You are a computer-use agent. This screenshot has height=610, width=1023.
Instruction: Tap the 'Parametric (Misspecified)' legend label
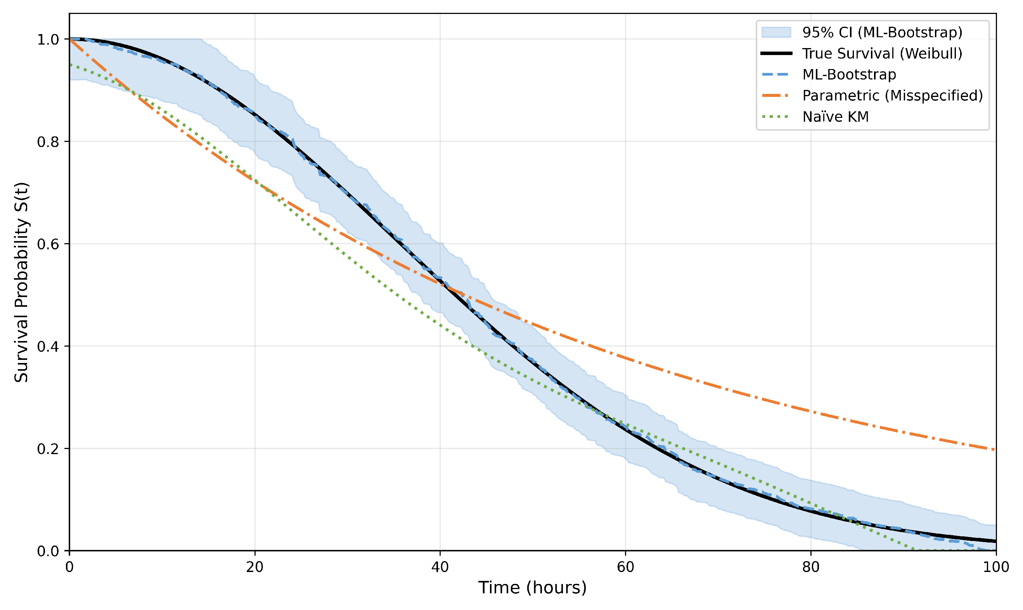[x=893, y=96]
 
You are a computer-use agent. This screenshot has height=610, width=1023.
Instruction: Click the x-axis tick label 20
[x=254, y=567]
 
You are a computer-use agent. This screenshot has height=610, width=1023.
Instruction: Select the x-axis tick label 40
[x=440, y=567]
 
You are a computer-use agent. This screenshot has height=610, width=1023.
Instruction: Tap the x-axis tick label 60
[x=625, y=567]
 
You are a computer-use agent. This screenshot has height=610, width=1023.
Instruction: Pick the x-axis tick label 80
[x=811, y=567]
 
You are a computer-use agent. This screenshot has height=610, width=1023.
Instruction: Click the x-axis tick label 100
[x=996, y=567]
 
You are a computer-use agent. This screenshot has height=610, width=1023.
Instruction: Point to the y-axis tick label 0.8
[x=48, y=142]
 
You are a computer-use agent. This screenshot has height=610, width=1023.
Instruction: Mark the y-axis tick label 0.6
[x=48, y=244]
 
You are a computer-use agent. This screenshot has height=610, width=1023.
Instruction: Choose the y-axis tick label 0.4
[x=48, y=347]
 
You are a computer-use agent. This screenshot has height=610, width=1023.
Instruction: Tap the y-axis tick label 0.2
[x=48, y=449]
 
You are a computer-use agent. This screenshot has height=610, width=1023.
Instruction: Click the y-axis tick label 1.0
[x=48, y=40]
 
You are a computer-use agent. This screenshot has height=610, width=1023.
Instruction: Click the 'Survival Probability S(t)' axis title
[x=21, y=282]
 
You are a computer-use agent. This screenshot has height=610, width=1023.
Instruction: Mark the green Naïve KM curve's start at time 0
[x=70, y=64]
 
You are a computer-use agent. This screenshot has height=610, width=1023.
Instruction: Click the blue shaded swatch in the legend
[x=776, y=33]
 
